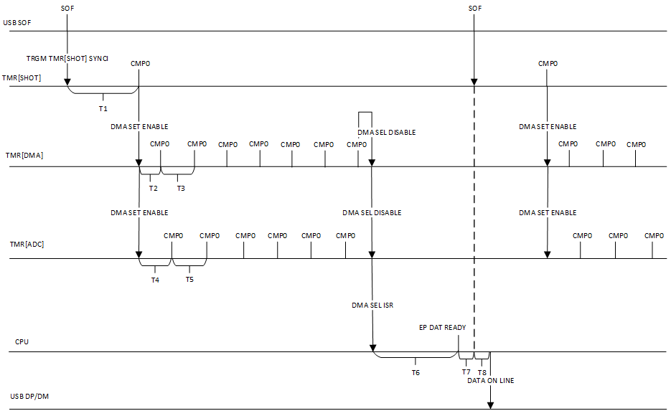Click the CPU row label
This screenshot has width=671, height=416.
pos(22,341)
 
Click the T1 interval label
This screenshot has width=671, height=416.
pos(103,108)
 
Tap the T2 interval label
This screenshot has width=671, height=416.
pos(153,188)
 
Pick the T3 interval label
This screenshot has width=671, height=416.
pos(180,188)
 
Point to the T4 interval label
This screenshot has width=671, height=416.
pos(155,280)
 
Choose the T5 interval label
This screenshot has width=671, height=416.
pos(189,279)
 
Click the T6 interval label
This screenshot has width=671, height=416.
pos(416,372)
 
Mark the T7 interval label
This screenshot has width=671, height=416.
pos(466,372)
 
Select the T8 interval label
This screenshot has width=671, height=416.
pos(482,372)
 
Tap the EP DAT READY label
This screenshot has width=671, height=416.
pos(442,327)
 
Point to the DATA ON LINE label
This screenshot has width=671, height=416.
pos(490,381)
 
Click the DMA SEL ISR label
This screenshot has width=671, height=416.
pos(372,305)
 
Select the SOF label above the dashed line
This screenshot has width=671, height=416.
pos(474,8)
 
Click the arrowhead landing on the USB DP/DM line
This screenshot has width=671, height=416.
pos(490,406)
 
